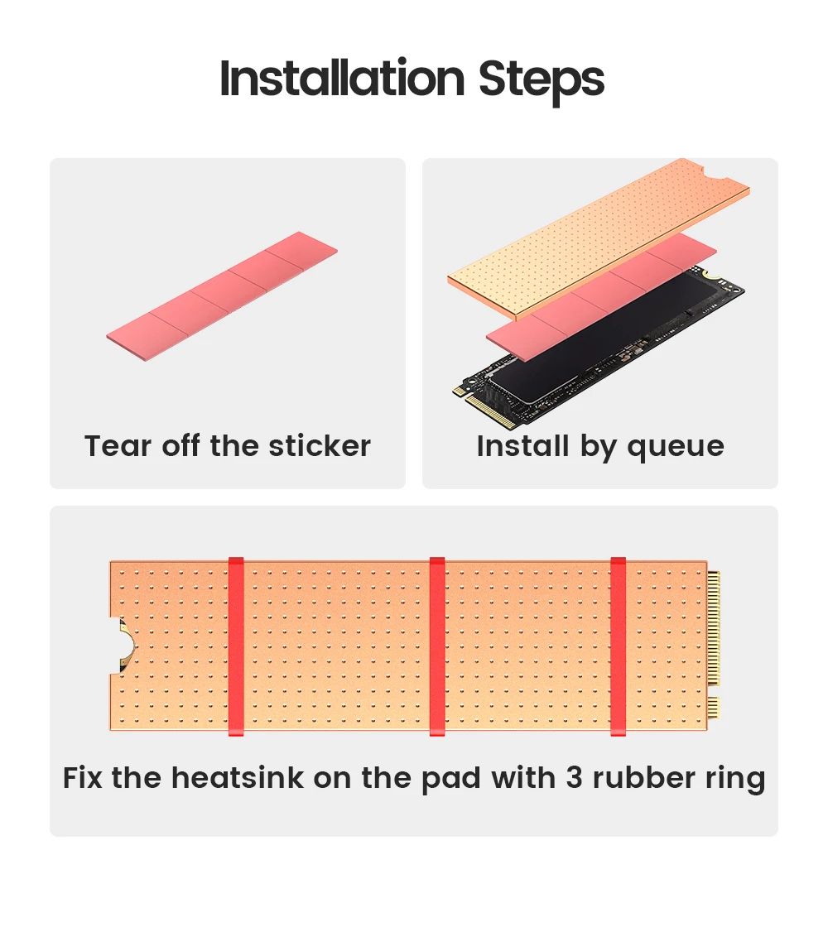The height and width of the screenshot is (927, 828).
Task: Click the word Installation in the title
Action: pos(342,78)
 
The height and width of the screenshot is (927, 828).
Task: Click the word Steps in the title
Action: pos(542,81)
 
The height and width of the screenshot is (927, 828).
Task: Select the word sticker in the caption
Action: pos(320,446)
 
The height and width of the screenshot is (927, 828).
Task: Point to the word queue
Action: pos(676,448)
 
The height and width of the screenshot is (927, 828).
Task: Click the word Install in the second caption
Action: pos(522,446)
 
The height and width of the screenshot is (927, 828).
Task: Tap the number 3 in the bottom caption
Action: pos(574,777)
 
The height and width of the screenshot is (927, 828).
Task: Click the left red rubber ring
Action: pos(236,646)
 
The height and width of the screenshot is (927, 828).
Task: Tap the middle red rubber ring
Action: pos(437,646)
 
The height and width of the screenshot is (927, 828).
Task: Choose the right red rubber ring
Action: pos(618,646)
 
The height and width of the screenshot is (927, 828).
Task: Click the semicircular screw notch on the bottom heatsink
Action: pos(125,645)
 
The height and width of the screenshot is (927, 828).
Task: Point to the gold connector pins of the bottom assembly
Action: pos(714,645)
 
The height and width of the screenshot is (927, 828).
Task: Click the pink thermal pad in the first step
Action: pos(222,296)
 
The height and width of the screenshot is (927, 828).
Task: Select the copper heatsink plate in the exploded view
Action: pos(599,239)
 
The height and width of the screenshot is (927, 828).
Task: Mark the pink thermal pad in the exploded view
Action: pos(601,296)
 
